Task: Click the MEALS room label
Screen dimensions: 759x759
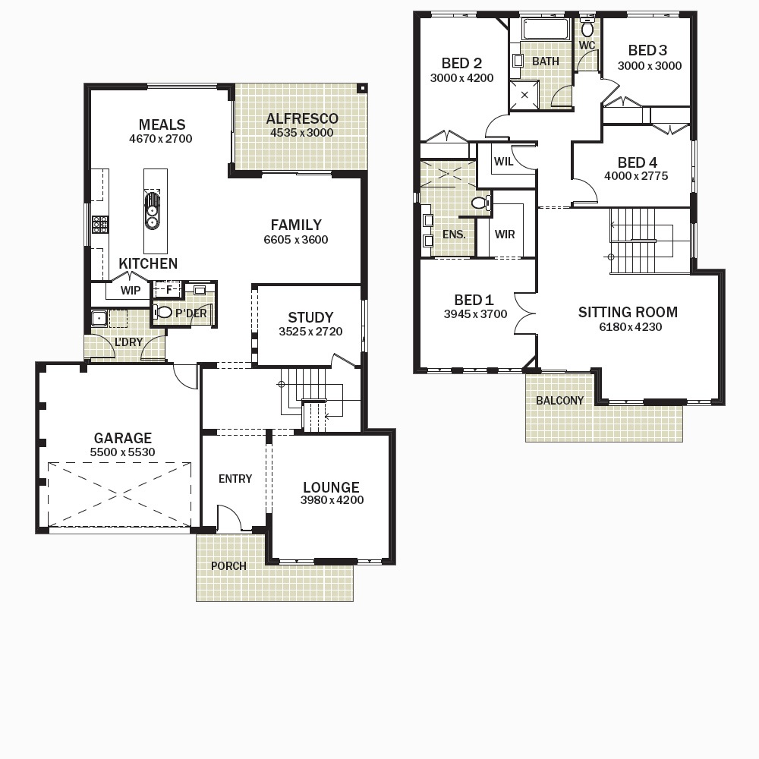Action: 162,124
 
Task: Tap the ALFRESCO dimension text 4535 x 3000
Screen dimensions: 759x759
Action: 301,133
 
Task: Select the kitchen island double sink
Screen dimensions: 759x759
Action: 152,210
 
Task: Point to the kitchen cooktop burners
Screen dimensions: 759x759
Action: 100,225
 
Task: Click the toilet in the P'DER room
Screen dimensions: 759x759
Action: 163,312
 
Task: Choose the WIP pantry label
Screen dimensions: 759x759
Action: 131,291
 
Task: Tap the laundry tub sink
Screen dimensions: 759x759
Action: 99,319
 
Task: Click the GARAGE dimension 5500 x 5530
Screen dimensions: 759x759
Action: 122,452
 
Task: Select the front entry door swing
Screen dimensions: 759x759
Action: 229,518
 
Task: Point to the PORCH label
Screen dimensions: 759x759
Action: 228,566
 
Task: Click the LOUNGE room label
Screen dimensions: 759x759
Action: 331,487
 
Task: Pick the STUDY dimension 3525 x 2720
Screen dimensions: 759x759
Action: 310,332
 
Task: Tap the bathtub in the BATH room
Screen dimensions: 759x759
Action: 545,30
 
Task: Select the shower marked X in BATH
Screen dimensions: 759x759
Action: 524,95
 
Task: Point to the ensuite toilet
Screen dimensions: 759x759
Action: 481,203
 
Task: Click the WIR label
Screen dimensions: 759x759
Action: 505,235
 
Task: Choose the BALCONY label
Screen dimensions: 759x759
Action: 559,400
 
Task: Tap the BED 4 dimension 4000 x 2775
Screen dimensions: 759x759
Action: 636,176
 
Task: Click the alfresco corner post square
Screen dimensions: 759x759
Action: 361,88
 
